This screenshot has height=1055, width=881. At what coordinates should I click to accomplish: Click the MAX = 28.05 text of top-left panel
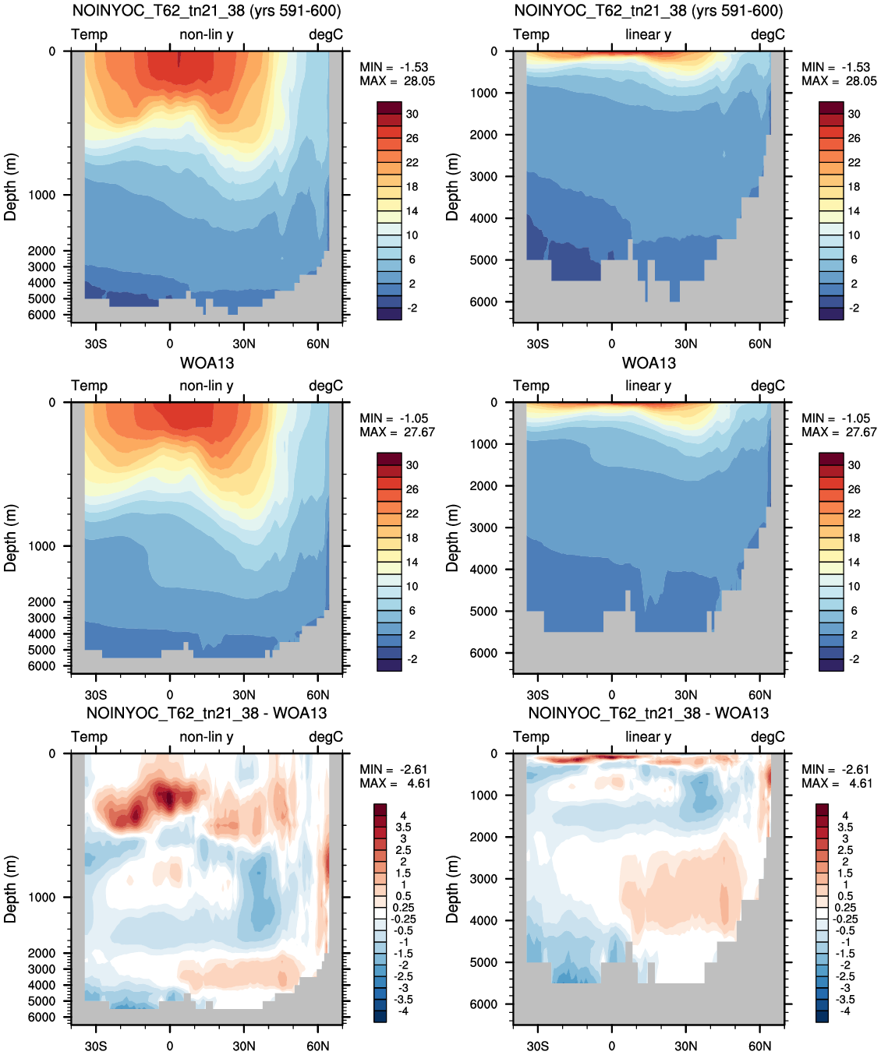point(397,81)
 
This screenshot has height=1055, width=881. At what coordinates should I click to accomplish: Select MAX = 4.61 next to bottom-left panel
point(395,783)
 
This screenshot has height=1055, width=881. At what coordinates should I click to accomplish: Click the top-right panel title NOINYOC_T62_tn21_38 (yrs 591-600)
point(649,11)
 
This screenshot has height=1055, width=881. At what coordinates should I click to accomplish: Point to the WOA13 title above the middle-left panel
point(207,363)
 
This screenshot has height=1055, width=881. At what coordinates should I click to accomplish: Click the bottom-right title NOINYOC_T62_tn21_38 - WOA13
point(649,713)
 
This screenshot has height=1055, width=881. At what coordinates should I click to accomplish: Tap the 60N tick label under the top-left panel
point(317,344)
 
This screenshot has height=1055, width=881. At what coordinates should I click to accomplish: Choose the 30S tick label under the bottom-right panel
point(538,1046)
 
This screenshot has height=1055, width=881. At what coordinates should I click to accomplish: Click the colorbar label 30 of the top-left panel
point(412,115)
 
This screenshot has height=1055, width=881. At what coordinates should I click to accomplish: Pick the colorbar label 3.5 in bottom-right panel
point(845,827)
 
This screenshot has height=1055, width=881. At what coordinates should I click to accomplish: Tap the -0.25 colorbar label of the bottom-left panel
point(403,919)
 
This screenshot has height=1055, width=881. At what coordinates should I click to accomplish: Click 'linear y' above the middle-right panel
point(649,386)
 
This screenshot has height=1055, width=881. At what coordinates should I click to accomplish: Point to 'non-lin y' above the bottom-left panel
point(207,736)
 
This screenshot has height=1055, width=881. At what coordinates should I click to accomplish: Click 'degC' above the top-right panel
point(768,34)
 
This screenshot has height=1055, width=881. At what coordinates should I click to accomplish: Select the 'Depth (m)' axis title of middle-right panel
point(451,538)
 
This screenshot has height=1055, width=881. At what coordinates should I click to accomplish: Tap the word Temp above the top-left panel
point(90,34)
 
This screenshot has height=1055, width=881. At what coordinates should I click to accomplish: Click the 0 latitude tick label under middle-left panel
point(170,695)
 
